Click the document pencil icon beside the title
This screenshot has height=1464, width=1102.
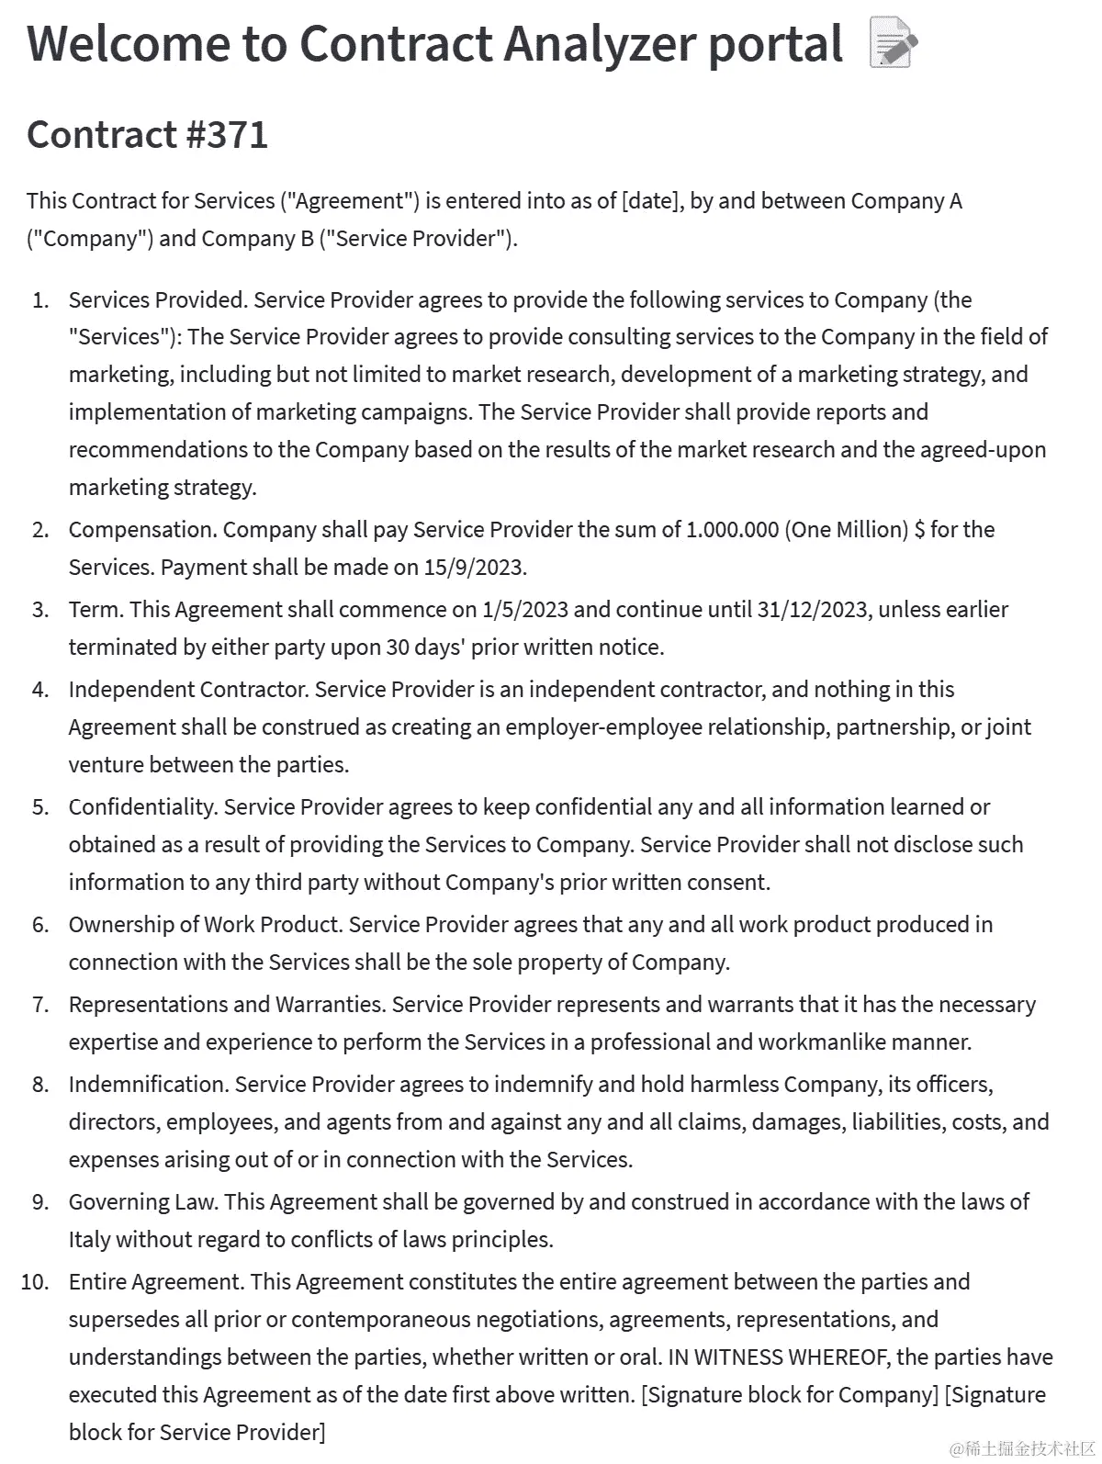pos(892,45)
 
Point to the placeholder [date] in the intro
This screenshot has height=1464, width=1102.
pos(651,201)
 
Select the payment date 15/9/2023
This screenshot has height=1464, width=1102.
pos(474,568)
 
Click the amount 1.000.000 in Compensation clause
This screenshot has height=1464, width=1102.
pos(732,530)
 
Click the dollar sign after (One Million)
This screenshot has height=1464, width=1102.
pos(919,530)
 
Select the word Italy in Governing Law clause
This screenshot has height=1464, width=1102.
pos(89,1240)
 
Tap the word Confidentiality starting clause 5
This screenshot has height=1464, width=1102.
pos(142,807)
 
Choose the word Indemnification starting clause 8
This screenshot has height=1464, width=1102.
pos(148,1085)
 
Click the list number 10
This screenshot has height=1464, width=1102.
pos(35,1282)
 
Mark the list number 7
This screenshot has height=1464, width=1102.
pos(40,1005)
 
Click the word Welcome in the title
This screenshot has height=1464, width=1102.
pos(128,44)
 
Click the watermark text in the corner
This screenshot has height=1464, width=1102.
pos(1022,1449)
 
